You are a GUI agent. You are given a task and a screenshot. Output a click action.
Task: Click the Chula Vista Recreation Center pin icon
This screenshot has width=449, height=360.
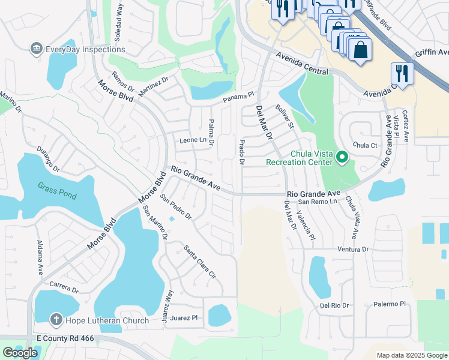coord(342,158)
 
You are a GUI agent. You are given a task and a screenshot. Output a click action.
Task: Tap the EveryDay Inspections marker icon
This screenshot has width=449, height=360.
coord(35,49)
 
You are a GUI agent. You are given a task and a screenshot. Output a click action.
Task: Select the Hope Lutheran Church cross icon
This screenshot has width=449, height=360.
coord(56,320)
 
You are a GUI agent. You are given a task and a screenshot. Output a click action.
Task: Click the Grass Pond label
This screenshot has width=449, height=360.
coord(55,187)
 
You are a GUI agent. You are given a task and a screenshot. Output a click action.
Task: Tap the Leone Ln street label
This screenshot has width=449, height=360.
coord(197,140)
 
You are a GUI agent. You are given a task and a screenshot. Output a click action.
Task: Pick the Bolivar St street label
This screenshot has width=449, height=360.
coord(284,116)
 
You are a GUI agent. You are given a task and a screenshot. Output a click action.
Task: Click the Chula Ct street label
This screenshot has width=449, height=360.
coord(364,145)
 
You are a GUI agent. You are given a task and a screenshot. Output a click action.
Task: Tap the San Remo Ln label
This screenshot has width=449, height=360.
coord(319,202)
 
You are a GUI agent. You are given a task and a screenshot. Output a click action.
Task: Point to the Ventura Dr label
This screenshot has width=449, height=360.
coord(352,248)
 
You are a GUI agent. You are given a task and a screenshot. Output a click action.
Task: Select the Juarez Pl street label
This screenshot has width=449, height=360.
coord(184,317)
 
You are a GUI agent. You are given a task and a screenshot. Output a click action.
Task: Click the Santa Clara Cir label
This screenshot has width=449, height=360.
coord(199,262)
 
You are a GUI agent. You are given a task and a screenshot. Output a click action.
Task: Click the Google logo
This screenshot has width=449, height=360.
coord(20,353)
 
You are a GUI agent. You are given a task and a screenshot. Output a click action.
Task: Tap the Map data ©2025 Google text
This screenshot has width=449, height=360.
coord(411,355)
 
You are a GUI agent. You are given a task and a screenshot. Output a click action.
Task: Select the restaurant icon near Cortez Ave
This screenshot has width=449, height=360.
coord(402,74)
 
